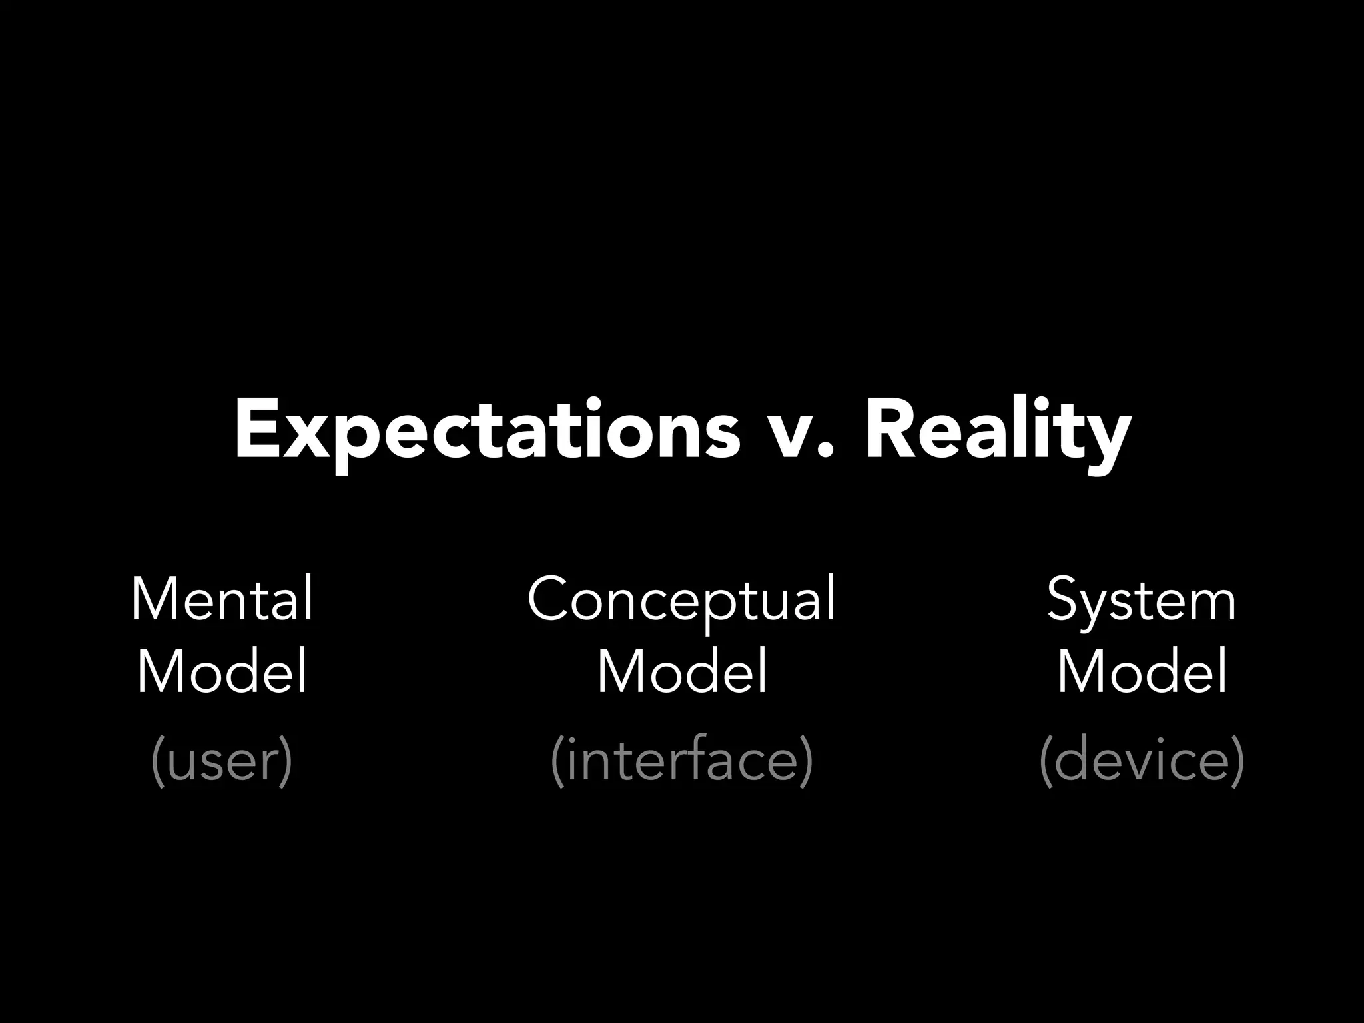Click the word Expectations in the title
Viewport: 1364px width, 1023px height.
pyautogui.click(x=486, y=430)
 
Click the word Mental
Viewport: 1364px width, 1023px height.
pyautogui.click(x=222, y=599)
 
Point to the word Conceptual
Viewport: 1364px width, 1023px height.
pyautogui.click(x=681, y=599)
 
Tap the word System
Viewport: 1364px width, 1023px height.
pyautogui.click(x=1141, y=599)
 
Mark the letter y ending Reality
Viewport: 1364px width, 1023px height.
pyautogui.click(x=1109, y=440)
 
